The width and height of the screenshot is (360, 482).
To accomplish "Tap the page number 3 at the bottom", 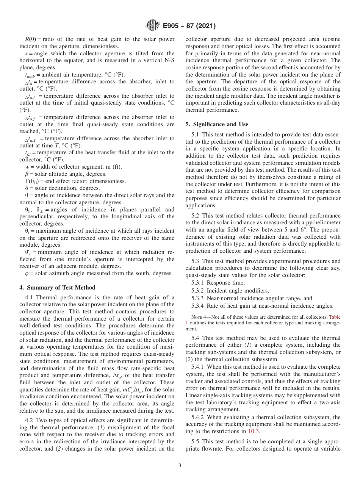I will point(180,466).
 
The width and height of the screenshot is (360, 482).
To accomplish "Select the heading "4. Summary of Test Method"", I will point(57,287).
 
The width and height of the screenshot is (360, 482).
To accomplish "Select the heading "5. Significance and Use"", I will point(217,124).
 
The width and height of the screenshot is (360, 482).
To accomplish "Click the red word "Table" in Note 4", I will point(335,316).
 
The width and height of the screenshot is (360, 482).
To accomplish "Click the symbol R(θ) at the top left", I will point(30,39).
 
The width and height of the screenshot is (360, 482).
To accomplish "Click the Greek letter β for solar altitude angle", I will point(26,174).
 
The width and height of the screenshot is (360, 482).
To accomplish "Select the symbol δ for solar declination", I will point(26,188).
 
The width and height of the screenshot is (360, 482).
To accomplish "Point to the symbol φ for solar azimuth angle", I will point(26,274).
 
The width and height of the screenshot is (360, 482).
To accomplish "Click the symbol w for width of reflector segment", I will point(26,167).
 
